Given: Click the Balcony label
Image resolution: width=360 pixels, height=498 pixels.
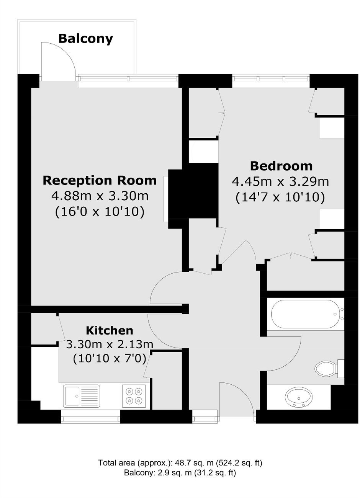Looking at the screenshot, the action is click(86, 39).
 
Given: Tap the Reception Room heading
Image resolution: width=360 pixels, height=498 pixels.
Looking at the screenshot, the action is click(100, 180).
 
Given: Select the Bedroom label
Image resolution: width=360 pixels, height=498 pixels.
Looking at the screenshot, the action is click(281, 166).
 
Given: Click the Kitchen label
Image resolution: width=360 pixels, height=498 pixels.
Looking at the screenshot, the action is click(110, 331).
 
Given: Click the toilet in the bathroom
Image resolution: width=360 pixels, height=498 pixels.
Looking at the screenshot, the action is click(329, 368).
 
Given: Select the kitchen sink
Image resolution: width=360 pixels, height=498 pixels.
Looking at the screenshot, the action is click(82, 396).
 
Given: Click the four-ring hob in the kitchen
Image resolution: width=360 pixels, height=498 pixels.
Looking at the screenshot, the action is click(134, 396).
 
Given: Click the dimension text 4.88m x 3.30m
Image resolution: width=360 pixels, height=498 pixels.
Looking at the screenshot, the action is click(100, 196).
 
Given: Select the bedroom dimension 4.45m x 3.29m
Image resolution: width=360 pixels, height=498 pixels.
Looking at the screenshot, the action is click(280, 182).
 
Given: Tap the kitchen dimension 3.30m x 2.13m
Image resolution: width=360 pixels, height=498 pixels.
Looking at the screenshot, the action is click(110, 345).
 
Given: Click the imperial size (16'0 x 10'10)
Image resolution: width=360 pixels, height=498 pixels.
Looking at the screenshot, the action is click(100, 212).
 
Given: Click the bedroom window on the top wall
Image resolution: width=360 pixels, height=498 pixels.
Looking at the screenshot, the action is click(271, 78).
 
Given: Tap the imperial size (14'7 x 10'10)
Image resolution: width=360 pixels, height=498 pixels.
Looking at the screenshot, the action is click(280, 197).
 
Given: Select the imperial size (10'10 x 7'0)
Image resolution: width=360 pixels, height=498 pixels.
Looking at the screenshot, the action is click(110, 359).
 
